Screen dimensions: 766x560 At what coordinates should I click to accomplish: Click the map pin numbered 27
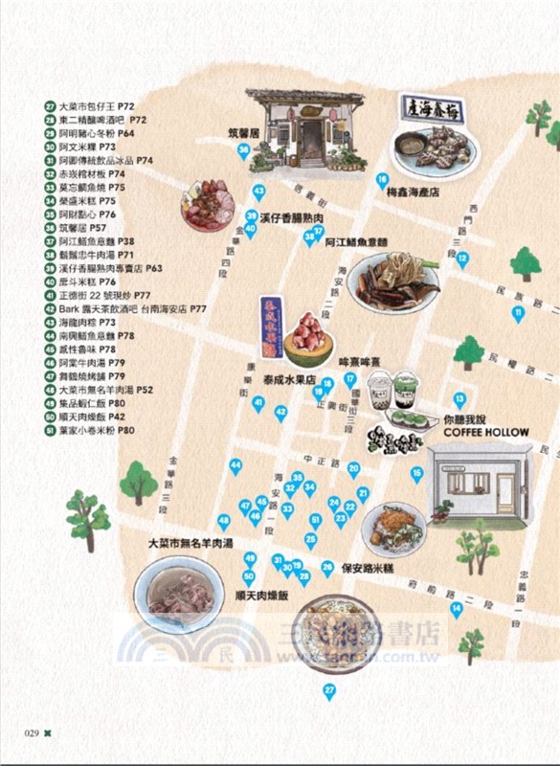(x=329, y=690)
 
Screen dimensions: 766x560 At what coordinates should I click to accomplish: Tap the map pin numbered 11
(x=518, y=313)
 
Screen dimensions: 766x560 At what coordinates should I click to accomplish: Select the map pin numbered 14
(x=457, y=609)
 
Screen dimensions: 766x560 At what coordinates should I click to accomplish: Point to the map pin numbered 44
(x=235, y=466)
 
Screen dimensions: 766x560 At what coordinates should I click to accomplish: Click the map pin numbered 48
(x=224, y=522)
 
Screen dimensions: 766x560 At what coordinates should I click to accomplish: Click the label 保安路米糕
(x=370, y=568)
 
